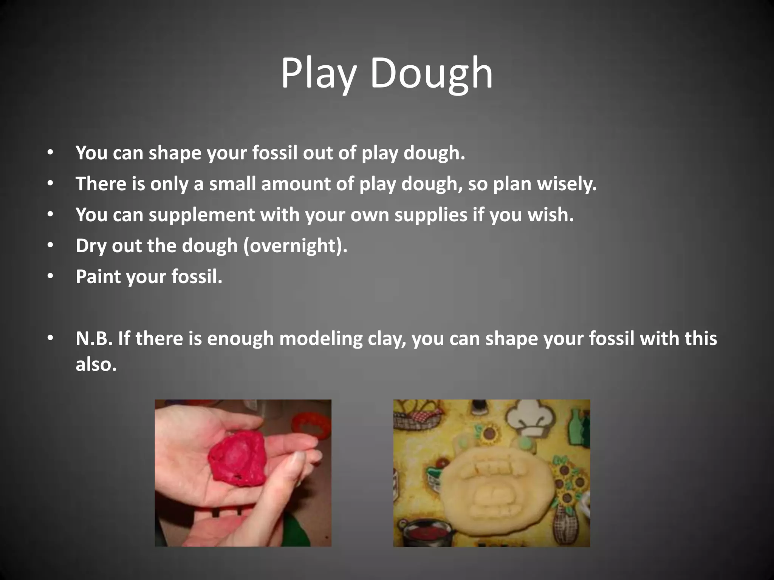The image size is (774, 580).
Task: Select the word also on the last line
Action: pos(96,364)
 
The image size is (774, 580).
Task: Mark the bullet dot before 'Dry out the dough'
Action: pos(51,246)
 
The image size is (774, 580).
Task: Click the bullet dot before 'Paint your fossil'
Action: pos(51,277)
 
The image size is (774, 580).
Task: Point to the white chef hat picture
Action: pos(529,418)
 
